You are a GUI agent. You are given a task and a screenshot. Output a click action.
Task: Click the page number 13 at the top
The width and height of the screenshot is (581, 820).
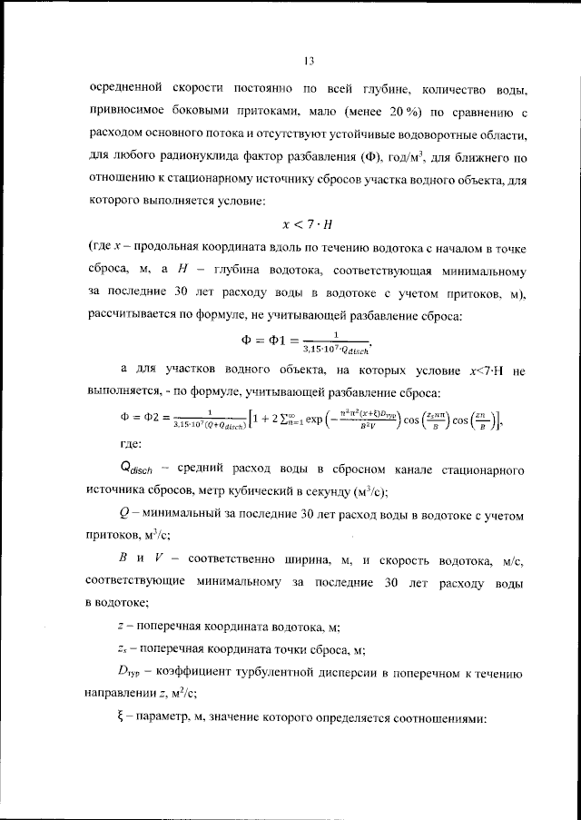(x=309, y=61)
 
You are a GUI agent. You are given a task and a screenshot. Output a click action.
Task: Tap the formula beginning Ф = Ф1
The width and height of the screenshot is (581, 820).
(x=309, y=341)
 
